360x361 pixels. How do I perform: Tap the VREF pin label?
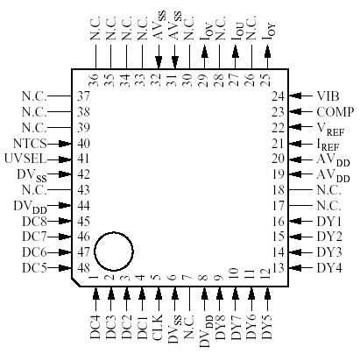328,128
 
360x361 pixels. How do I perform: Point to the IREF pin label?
328,144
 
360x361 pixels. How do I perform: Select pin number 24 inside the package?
278,96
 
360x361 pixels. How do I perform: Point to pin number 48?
83,267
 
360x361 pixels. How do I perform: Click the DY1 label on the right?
329,221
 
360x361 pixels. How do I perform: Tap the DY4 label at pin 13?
329,267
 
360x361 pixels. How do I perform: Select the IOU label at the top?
237,39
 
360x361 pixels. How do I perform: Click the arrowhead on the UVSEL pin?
67,159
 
